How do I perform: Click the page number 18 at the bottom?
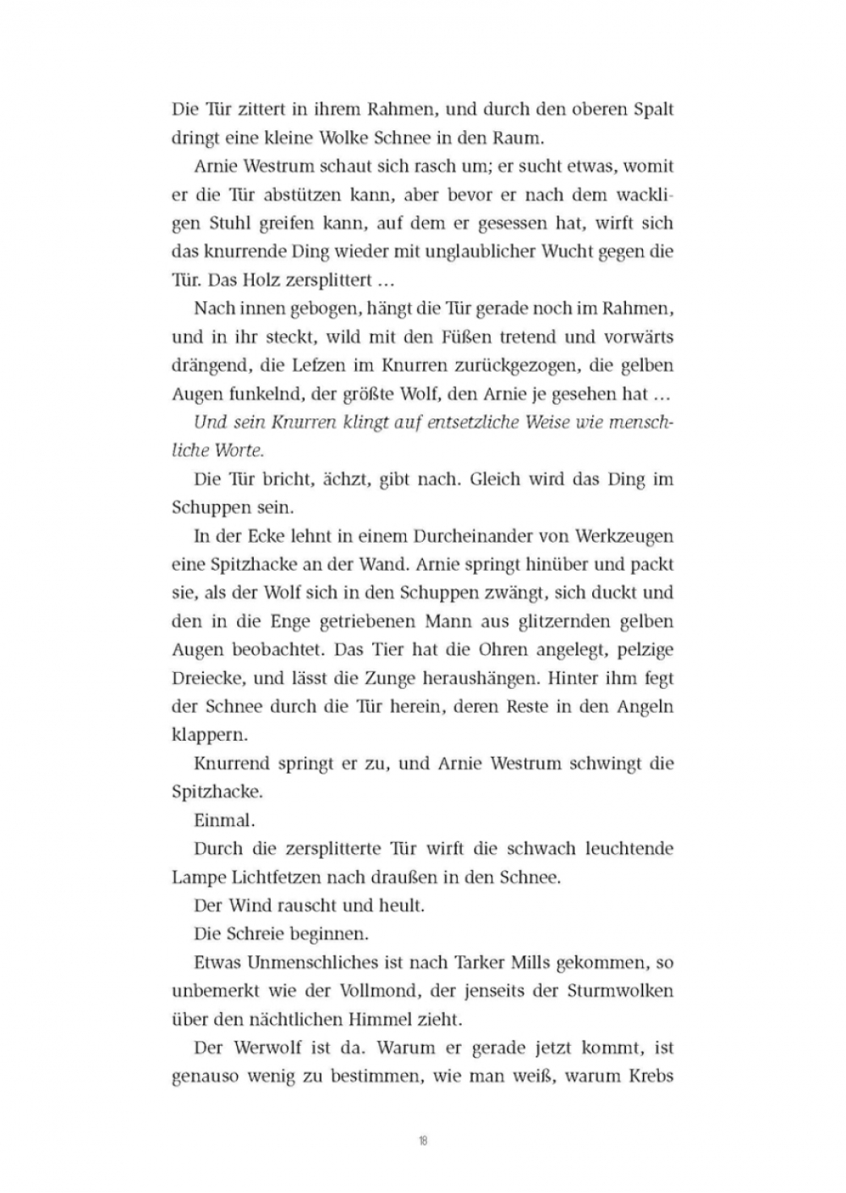click(x=423, y=1141)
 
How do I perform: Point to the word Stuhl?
click(x=227, y=223)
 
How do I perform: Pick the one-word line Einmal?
click(x=224, y=820)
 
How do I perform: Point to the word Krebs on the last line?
click(x=651, y=1076)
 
